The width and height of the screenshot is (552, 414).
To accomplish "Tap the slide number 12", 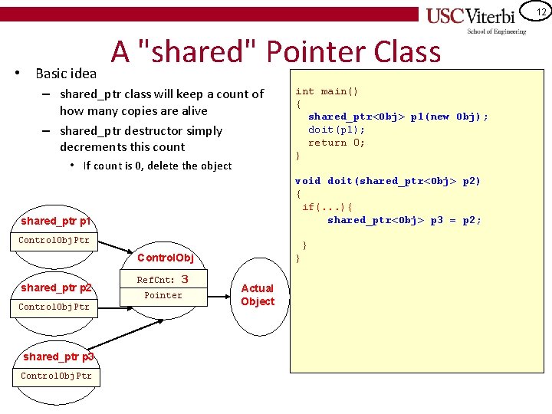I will [540, 11].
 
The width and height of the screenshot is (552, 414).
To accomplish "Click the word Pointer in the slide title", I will [316, 52].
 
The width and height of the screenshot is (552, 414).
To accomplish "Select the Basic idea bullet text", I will [66, 74].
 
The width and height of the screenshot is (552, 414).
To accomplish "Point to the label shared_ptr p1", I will [56, 221].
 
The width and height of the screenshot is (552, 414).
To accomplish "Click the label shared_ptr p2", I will [56, 287].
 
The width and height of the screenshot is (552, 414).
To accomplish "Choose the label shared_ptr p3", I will [58, 356].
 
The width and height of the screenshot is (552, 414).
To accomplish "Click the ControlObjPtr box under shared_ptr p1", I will [54, 240].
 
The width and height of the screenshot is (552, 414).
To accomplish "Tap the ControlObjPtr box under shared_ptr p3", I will [56, 376].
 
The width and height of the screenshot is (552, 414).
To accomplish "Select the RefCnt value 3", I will [184, 280].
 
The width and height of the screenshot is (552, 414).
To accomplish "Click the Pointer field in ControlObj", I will [163, 295].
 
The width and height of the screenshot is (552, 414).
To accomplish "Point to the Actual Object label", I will [258, 294].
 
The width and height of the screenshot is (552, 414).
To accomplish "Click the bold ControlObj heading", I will [164, 258].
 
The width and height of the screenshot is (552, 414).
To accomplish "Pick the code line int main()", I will [327, 91].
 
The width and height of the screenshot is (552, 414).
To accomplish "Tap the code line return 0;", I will [337, 143].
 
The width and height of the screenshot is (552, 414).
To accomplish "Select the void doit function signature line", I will [388, 181].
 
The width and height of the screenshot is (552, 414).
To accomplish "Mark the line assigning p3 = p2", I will [404, 220].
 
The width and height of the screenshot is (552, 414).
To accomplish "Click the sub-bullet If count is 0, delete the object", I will [157, 166].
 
